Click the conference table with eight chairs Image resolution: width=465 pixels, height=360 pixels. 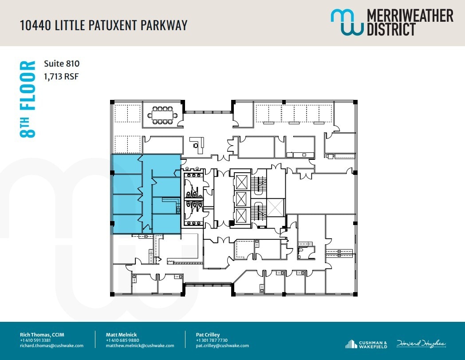coord(162,115)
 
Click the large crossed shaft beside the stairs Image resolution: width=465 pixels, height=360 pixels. coord(276,207)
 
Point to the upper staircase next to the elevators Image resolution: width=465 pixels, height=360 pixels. coord(258,182)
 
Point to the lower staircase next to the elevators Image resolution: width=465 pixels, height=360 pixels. coord(258,212)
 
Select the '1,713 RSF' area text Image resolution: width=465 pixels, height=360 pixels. coord(61,76)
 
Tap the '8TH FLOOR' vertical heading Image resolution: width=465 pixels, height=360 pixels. coord(28,99)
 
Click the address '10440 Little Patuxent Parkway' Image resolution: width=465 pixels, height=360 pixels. coord(103,25)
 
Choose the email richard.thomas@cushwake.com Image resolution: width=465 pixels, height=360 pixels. coord(51,346)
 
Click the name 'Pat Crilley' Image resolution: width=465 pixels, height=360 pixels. coord(208,335)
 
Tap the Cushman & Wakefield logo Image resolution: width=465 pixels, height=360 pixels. coord(366,344)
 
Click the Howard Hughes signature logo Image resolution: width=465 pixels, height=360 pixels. coord(421,344)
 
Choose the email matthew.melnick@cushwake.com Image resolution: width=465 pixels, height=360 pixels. coord(140,346)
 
